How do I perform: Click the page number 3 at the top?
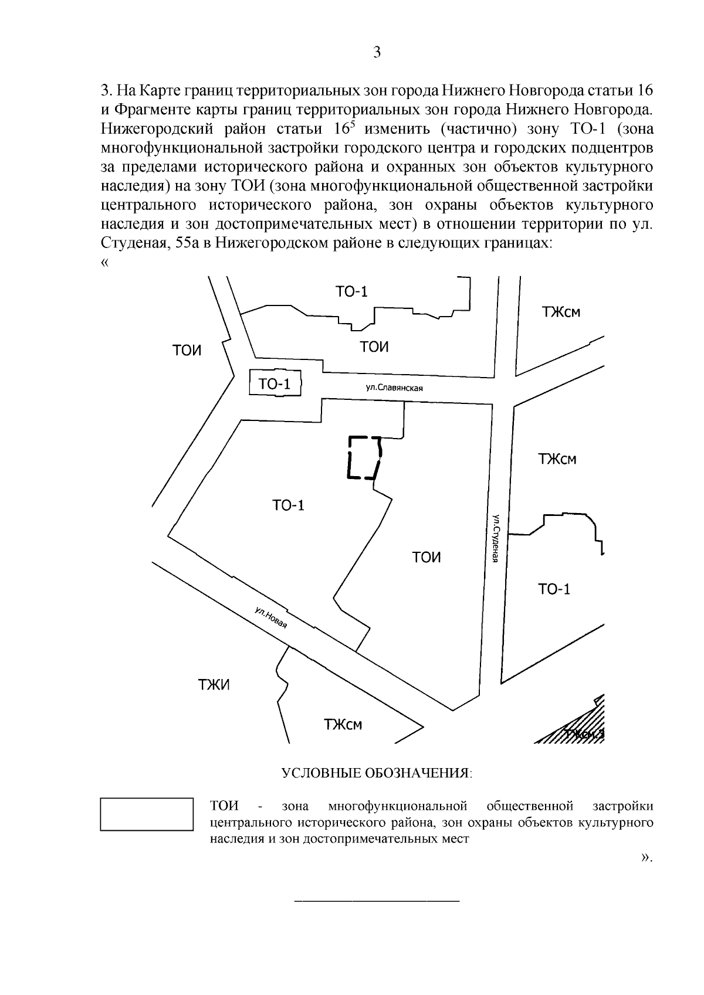click(377, 53)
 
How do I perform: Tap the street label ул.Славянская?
click(394, 388)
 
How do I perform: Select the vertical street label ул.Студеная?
click(496, 538)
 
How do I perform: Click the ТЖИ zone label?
click(214, 684)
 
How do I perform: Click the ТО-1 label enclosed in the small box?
click(275, 384)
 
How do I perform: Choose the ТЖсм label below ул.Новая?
click(343, 725)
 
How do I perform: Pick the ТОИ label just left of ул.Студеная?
click(427, 557)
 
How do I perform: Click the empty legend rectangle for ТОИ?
click(147, 814)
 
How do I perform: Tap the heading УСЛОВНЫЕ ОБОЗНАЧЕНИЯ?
click(377, 773)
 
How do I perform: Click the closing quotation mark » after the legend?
click(647, 857)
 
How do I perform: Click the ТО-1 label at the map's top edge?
click(351, 291)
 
